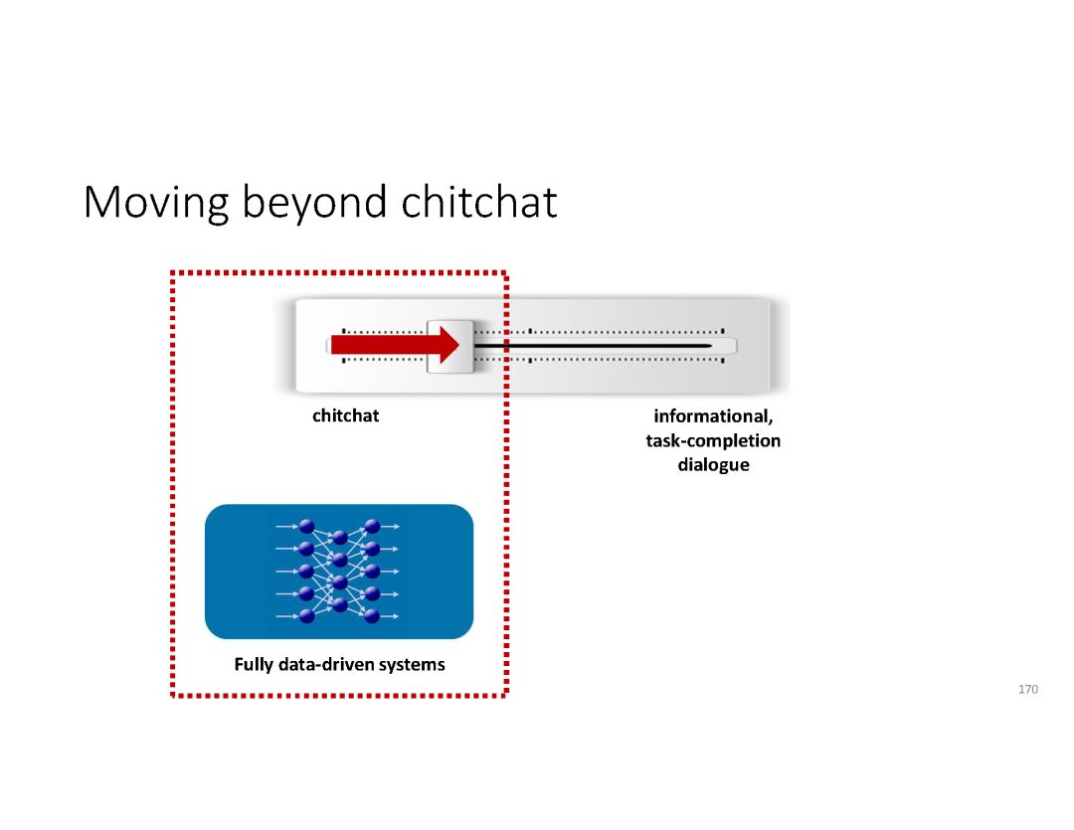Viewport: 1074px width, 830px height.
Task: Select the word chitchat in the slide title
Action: tap(480, 203)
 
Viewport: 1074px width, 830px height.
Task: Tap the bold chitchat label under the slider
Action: tap(345, 416)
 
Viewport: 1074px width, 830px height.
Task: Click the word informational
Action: tap(713, 416)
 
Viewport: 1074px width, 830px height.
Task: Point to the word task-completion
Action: tap(713, 440)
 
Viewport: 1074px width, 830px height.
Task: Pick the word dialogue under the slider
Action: tap(713, 464)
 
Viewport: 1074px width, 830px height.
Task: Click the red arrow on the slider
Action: tap(394, 345)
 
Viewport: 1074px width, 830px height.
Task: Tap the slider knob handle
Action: tap(450, 346)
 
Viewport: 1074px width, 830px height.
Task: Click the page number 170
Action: tap(1028, 689)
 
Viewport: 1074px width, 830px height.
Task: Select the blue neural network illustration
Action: tap(338, 572)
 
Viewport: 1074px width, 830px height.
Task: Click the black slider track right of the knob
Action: tap(597, 346)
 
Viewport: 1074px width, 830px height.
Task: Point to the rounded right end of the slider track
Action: tap(730, 346)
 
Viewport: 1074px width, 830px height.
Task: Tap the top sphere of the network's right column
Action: tap(373, 527)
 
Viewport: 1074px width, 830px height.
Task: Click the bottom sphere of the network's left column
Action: tap(306, 616)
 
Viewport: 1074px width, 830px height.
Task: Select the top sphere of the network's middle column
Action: tap(340, 538)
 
